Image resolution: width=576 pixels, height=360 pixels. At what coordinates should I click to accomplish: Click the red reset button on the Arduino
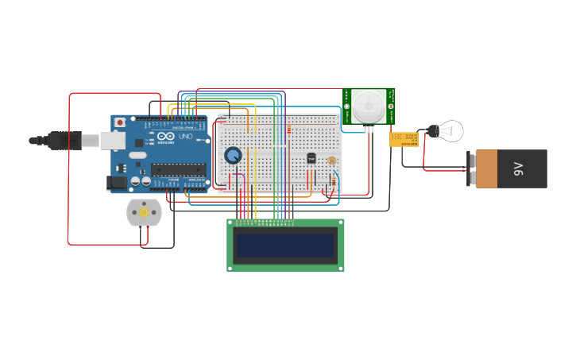point(121,122)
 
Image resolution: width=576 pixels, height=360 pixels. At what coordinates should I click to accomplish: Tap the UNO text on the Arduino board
point(184,137)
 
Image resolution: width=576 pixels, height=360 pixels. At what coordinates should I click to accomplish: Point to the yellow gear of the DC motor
point(144,212)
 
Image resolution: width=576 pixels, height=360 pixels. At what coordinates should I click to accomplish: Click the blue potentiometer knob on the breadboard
point(233,155)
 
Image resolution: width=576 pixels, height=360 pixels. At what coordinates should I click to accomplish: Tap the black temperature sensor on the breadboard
point(311,158)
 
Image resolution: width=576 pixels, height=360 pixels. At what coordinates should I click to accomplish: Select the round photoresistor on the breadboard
point(332,161)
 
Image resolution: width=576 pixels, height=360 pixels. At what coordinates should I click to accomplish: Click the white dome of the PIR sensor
point(368,105)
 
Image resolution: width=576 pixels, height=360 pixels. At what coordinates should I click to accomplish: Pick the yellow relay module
point(404,139)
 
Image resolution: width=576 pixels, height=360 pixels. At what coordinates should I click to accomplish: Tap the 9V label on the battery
point(519,168)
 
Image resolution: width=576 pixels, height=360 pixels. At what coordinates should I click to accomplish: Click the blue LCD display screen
point(286,245)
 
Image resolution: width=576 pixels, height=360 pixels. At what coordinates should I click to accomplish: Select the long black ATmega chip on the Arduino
point(179,168)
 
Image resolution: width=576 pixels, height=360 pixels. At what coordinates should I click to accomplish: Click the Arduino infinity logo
point(166,137)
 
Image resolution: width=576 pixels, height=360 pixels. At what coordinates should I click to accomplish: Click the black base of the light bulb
point(433,130)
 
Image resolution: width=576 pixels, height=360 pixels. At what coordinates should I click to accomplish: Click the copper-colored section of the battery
point(487,169)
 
